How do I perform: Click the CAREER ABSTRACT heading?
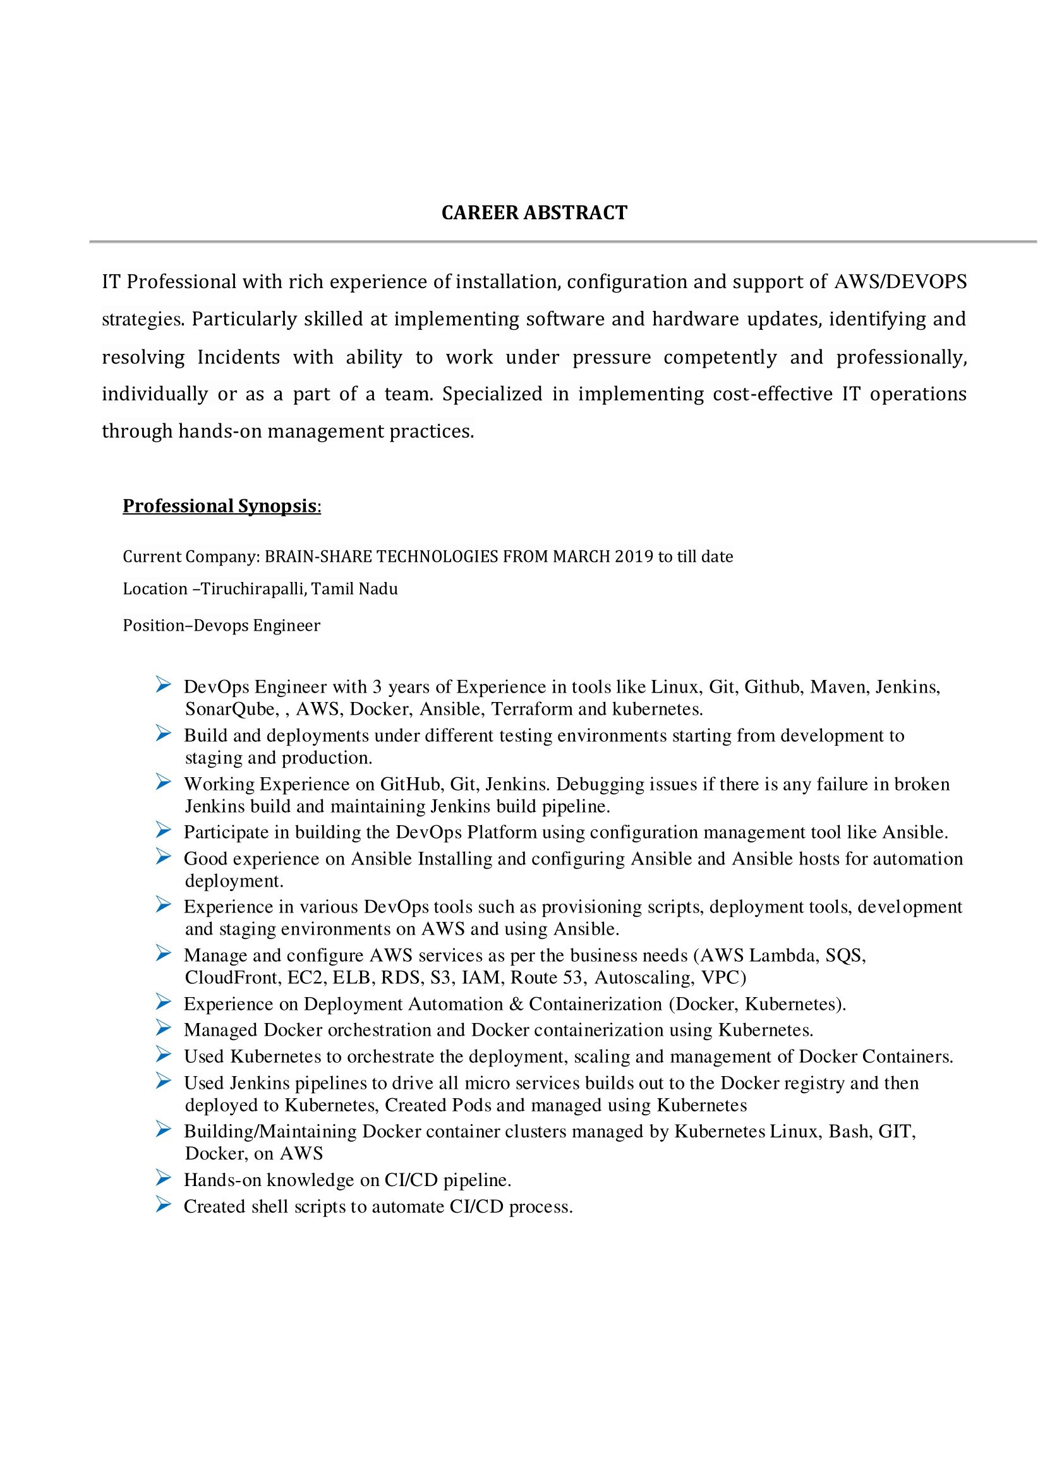coord(534,213)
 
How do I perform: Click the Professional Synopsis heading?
coord(220,506)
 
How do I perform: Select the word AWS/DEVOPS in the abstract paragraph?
coord(900,282)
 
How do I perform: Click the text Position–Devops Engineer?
coord(221,626)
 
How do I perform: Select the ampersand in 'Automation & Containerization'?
coord(516,1004)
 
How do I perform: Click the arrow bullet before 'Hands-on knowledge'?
coord(164,1178)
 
